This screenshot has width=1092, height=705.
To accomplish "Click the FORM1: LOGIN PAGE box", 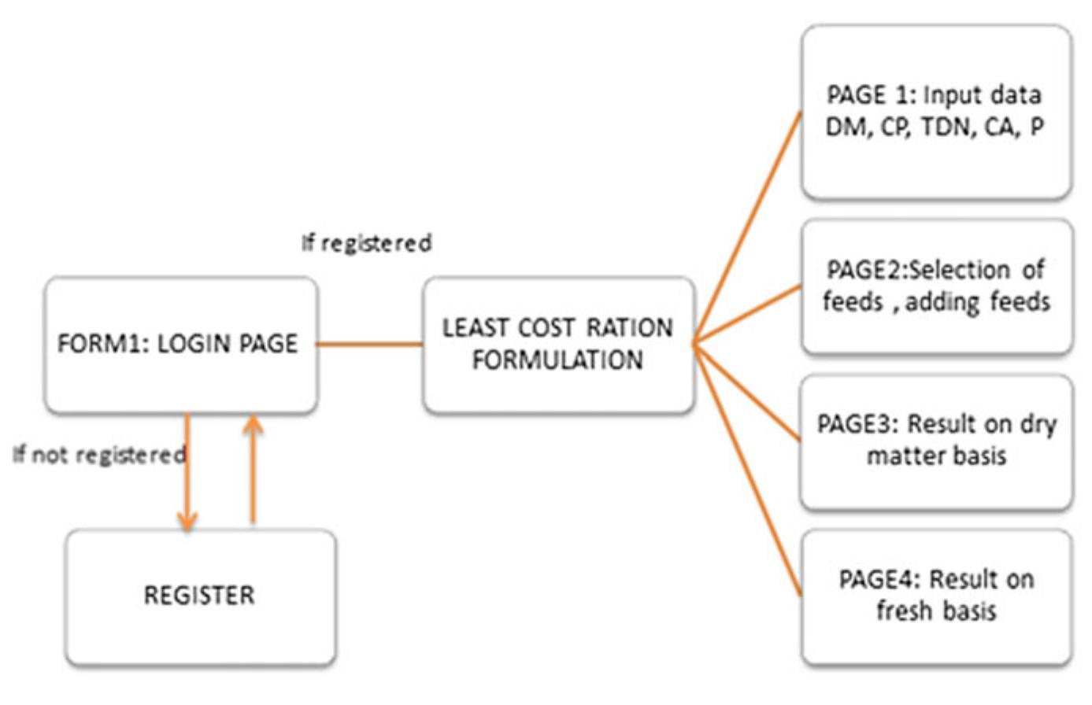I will (x=180, y=345).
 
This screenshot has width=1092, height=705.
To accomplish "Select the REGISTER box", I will (x=200, y=596).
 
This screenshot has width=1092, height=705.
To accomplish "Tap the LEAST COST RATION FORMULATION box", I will (x=558, y=345).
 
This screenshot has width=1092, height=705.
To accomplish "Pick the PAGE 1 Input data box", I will (x=936, y=112).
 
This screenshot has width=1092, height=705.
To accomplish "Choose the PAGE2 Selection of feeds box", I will (x=936, y=286).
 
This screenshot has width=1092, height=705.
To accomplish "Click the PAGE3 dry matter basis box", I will (x=936, y=441).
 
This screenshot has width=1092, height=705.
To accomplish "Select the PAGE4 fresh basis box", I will (x=936, y=596).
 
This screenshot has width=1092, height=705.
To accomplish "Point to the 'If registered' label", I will (x=367, y=243).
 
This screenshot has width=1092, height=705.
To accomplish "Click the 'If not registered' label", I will (x=99, y=455).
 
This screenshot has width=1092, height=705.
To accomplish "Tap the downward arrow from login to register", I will (x=187, y=472).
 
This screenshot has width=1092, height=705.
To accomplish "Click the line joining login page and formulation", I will (x=369, y=344).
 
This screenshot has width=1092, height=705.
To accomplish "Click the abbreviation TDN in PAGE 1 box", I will (x=946, y=127).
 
